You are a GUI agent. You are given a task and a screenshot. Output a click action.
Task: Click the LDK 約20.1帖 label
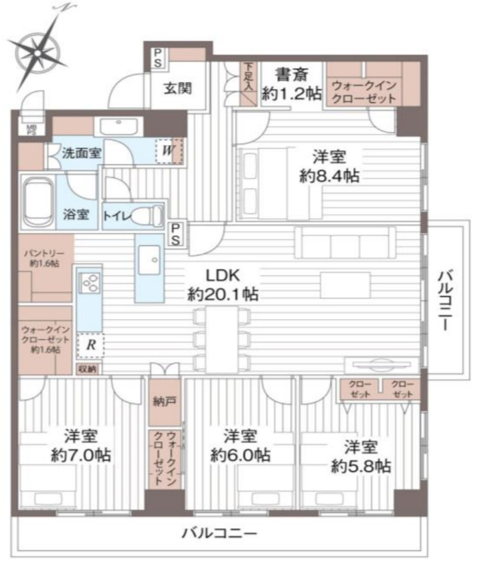tap(223, 285)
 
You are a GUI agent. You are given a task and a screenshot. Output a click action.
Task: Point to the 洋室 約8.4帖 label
tap(330, 167)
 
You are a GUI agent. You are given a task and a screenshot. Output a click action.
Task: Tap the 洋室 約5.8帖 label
tap(361, 456)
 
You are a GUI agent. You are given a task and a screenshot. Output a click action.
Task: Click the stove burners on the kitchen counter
tap(90, 284)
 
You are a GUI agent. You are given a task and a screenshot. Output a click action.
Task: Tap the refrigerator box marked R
tap(90, 346)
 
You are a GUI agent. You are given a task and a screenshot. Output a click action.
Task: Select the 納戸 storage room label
tap(160, 402)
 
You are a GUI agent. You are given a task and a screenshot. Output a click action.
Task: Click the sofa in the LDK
tap(345, 243)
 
